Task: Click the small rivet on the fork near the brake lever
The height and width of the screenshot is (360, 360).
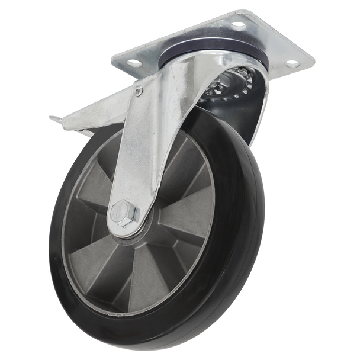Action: click(139, 91)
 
